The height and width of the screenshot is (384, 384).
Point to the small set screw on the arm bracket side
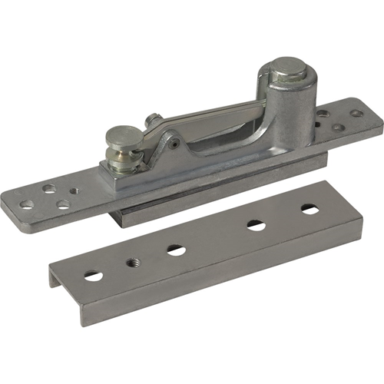click(x=176, y=143)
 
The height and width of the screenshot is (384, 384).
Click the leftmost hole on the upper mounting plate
click(x=26, y=204)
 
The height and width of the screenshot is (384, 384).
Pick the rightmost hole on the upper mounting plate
click(x=357, y=114)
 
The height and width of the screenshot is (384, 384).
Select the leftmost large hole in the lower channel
click(x=93, y=275)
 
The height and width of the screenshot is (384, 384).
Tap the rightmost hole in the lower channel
click(x=310, y=209)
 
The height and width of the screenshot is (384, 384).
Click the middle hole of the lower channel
click(x=175, y=250)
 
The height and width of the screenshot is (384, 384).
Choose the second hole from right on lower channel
click(x=256, y=225)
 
